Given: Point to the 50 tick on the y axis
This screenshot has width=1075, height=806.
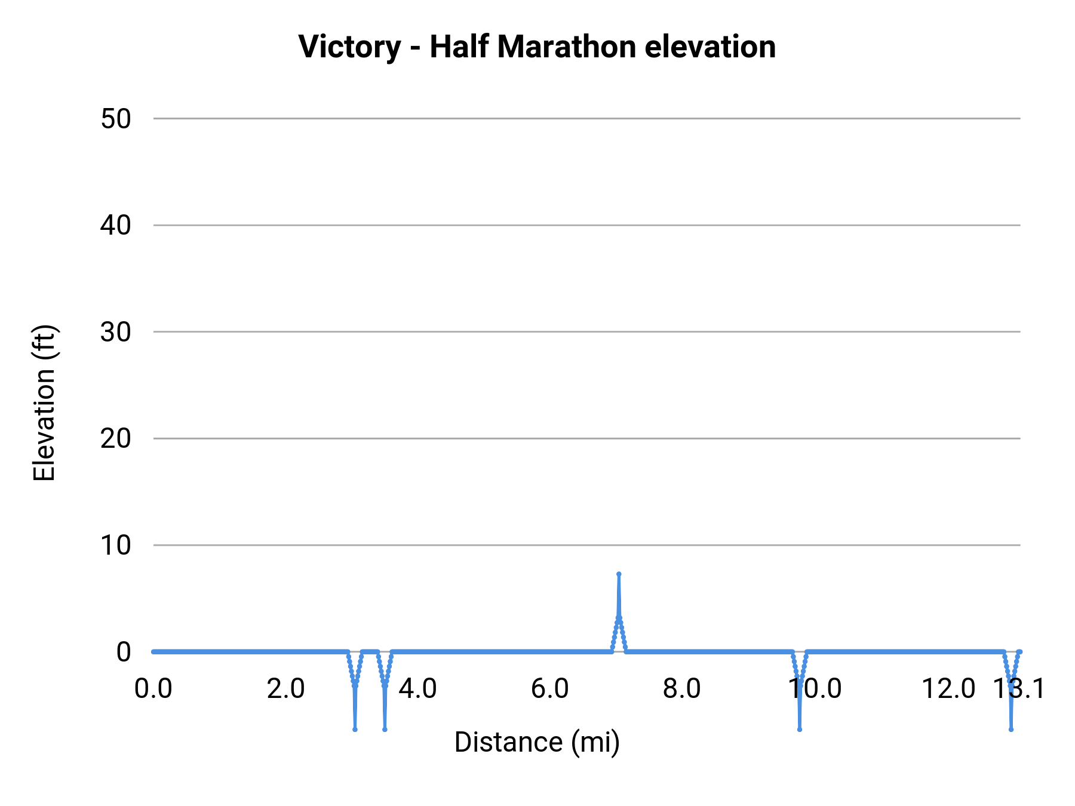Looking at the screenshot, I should pyautogui.click(x=116, y=119).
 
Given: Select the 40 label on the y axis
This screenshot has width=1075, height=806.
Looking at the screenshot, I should pyautogui.click(x=116, y=226).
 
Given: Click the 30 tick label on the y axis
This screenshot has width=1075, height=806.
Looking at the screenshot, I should pyautogui.click(x=116, y=332).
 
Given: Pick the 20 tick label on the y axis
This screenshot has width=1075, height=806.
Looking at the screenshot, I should pyautogui.click(x=116, y=439).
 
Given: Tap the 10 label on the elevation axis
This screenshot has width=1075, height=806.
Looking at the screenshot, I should pyautogui.click(x=116, y=545).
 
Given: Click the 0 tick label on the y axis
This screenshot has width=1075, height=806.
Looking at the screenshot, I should pyautogui.click(x=124, y=652).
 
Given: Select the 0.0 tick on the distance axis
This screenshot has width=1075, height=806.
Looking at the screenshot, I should pyautogui.click(x=153, y=689).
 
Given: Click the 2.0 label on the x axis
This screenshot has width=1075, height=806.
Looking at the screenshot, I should pyautogui.click(x=285, y=689).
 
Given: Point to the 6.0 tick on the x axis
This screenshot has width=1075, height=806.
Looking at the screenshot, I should pyautogui.click(x=550, y=689).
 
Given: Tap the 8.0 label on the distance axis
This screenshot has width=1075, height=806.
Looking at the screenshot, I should pyautogui.click(x=682, y=689).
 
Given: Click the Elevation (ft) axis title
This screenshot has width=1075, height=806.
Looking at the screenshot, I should pyautogui.click(x=44, y=403).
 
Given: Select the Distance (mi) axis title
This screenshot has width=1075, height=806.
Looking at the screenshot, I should pyautogui.click(x=537, y=742).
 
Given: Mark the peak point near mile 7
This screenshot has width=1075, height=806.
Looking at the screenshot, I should pyautogui.click(x=619, y=574).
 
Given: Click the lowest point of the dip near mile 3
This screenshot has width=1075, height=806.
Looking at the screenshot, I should pyautogui.click(x=355, y=729).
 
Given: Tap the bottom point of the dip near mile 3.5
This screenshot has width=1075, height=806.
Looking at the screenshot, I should pyautogui.click(x=385, y=729).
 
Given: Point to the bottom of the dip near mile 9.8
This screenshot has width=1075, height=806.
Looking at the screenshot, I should pyautogui.click(x=800, y=729).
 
